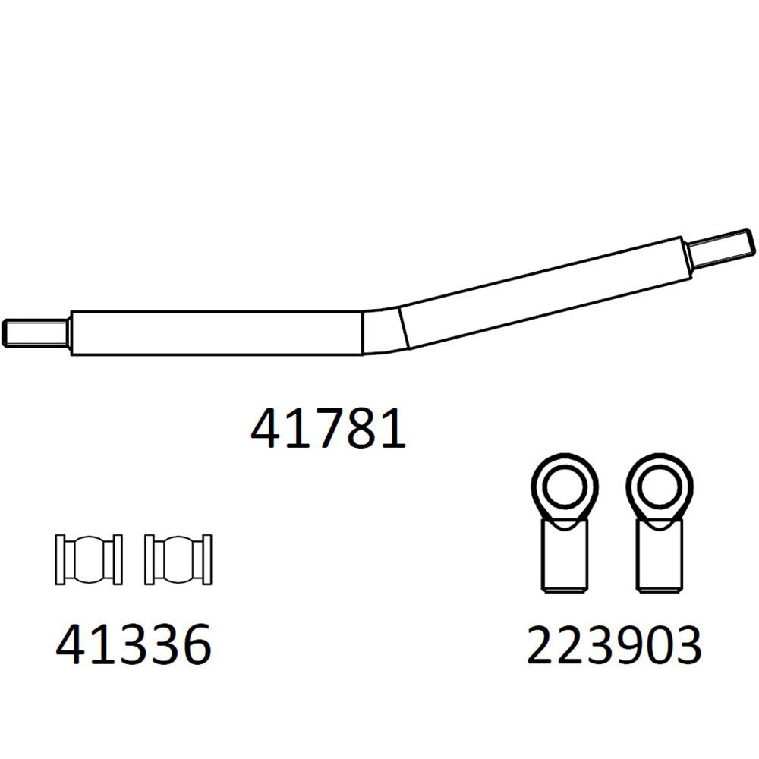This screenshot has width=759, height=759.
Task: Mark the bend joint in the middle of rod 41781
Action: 383,329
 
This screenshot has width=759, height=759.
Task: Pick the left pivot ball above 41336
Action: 90,559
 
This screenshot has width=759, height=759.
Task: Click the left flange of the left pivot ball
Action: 61,559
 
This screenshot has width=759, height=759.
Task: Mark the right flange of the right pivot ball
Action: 206,559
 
